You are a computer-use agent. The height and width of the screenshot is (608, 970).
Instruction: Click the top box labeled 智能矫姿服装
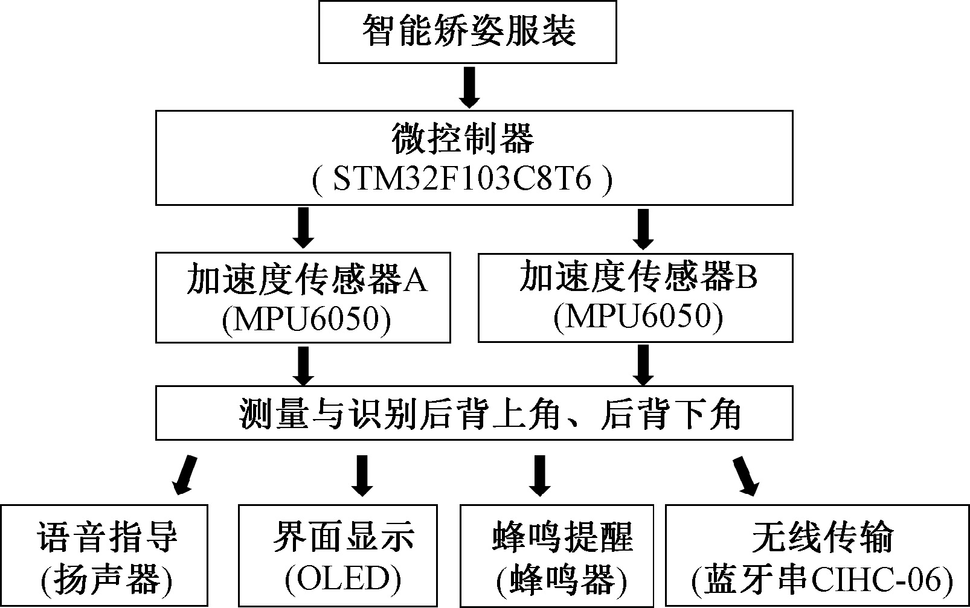tap(467, 31)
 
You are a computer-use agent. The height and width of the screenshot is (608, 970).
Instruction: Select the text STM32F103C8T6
tap(463, 180)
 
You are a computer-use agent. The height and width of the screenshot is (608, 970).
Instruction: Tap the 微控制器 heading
tap(463, 138)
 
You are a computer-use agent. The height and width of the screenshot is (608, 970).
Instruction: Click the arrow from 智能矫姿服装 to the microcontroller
tap(469, 87)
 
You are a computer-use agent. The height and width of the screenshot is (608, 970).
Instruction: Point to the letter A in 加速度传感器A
tap(414, 280)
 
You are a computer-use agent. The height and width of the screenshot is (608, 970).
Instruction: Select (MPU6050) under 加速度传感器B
tap(638, 316)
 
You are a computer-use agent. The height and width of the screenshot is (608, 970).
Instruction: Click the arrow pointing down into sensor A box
tap(303, 228)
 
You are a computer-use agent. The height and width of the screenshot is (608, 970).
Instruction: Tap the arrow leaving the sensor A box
tap(303, 365)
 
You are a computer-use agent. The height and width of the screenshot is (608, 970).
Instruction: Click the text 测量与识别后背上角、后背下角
tap(489, 414)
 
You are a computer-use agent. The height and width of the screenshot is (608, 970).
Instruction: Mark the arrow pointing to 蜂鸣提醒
tap(539, 475)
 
